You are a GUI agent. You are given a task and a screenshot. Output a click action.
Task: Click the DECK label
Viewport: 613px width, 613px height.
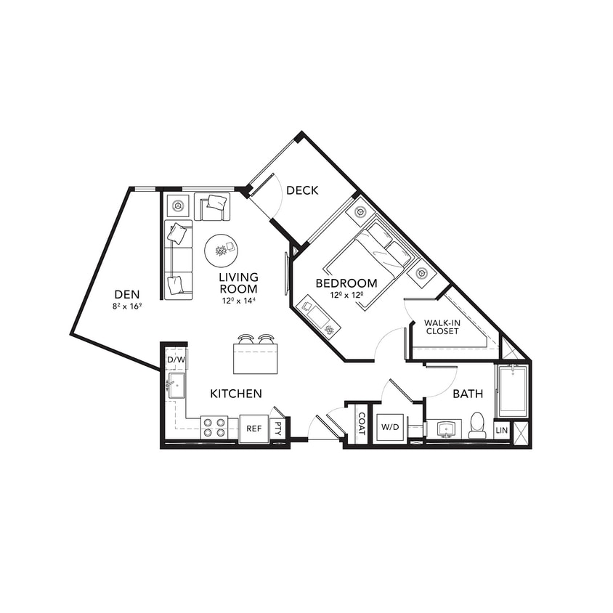point(302,190)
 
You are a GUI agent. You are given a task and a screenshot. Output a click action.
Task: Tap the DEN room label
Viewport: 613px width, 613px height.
point(127,294)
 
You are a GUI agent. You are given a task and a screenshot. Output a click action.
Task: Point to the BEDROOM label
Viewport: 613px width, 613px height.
point(346,283)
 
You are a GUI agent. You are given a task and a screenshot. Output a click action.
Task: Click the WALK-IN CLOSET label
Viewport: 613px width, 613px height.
point(442,326)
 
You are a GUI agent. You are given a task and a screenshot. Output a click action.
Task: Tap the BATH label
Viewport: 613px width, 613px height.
point(468,394)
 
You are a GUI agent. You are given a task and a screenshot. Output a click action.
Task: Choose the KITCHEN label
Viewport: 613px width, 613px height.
point(236,394)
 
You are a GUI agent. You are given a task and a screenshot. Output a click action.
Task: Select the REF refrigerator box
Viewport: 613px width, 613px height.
point(253,429)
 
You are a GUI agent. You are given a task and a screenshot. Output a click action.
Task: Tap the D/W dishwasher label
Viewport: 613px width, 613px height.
point(176,360)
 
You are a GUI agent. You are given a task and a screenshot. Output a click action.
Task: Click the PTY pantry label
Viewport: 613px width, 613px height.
point(277,429)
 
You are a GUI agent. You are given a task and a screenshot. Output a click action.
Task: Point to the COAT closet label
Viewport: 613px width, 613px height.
point(361,423)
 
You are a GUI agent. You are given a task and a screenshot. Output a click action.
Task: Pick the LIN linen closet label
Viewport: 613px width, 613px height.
point(501,430)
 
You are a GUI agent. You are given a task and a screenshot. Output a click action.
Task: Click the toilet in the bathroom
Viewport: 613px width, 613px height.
point(477,426)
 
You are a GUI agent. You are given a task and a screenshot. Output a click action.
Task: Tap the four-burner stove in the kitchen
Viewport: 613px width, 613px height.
point(214,427)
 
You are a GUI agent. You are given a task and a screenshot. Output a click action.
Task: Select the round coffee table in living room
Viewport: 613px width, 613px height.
point(221,250)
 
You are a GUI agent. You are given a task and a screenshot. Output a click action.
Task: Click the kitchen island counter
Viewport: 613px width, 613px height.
point(255,357)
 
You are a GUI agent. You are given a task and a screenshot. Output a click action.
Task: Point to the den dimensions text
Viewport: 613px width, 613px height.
point(128,306)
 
